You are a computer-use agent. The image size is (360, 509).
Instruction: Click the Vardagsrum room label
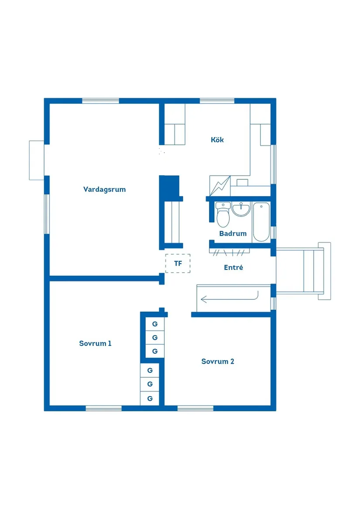tap(104, 190)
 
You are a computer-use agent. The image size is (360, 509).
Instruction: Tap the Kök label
tap(217, 140)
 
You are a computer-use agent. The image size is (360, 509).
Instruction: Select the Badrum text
tap(233, 233)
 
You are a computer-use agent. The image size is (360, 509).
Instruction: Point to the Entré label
tap(233, 267)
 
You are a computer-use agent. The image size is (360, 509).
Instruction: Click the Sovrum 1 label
tap(95, 343)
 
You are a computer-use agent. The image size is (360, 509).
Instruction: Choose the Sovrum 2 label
tap(218, 361)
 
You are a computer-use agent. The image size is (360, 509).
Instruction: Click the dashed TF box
tap(178, 263)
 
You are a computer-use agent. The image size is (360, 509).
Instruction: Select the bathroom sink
tap(241, 209)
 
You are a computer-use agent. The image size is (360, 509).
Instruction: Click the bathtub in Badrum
tap(261, 222)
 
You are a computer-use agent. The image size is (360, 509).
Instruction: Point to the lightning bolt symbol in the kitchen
tap(220, 186)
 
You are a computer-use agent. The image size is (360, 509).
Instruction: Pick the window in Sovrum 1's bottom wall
tap(103, 408)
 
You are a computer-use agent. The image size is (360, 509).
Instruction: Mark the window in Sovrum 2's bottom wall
tap(195, 408)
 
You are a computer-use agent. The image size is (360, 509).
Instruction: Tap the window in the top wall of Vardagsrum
tap(100, 101)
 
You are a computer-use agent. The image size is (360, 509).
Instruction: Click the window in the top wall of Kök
tap(217, 101)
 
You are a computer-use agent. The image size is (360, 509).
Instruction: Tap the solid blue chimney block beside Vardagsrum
tap(169, 186)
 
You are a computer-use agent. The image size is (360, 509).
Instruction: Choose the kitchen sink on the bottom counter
tap(242, 182)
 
